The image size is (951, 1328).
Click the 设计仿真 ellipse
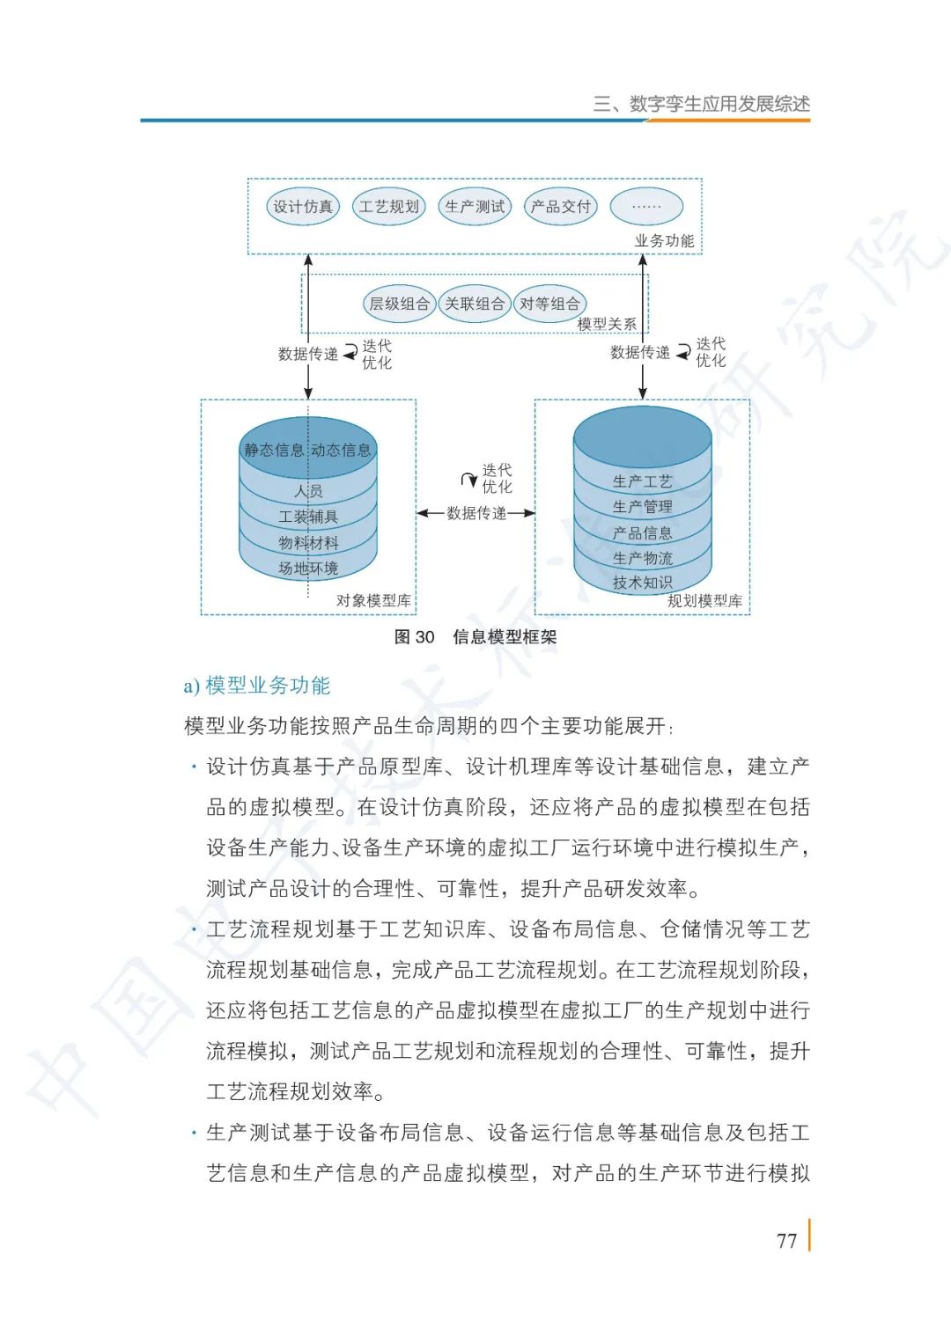coord(303,207)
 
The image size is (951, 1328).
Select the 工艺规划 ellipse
coord(388,207)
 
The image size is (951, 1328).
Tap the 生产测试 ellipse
coord(475,207)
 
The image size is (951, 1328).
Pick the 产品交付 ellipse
coord(560,207)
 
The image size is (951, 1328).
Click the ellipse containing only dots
coord(646,207)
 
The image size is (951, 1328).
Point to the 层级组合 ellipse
coord(399,304)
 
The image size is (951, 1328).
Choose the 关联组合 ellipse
coord(475,304)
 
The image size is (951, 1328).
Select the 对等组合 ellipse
coord(549,304)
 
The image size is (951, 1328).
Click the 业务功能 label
coord(664,240)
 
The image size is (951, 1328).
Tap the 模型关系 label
coord(607,324)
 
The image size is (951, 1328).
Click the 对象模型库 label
coord(373,600)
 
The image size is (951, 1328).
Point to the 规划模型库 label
coord(704,600)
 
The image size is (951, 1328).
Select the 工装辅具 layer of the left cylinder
coord(308,517)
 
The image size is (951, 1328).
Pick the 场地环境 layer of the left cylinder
coord(308,569)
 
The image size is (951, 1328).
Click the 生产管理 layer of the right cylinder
coord(642,507)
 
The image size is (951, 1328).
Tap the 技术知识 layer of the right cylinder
coord(642,583)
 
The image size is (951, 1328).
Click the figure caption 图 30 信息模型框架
coord(475,637)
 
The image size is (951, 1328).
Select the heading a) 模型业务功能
coord(257,686)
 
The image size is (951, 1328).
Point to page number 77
coord(786,1241)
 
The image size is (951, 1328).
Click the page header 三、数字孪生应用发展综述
coord(701,104)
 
